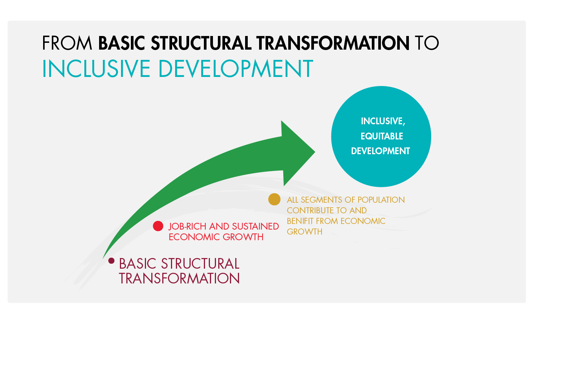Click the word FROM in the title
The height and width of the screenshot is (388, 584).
click(x=67, y=43)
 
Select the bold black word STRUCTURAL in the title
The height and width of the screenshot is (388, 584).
click(x=201, y=43)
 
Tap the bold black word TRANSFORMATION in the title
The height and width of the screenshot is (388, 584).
click(x=333, y=43)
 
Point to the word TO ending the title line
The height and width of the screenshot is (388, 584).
click(x=427, y=43)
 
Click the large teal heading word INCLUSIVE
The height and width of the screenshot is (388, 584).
click(x=96, y=69)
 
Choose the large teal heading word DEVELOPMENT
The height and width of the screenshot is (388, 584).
click(x=236, y=69)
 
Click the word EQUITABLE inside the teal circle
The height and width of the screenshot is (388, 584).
click(x=382, y=136)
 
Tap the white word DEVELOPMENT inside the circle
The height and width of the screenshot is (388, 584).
click(x=381, y=151)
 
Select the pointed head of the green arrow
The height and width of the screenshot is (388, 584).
click(x=315, y=152)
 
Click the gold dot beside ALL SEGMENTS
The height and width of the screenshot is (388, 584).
click(x=274, y=199)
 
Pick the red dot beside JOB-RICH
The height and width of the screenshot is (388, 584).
click(x=158, y=226)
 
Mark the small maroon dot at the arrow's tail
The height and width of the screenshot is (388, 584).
click(x=111, y=261)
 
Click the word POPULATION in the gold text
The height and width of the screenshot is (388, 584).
click(x=381, y=200)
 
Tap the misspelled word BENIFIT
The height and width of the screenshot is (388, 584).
click(x=300, y=221)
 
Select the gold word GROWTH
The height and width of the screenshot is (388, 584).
click(x=304, y=232)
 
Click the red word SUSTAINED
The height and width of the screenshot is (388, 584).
click(x=255, y=226)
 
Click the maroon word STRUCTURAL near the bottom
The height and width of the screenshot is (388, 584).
click(x=200, y=264)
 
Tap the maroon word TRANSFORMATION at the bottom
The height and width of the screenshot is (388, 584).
click(x=179, y=278)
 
